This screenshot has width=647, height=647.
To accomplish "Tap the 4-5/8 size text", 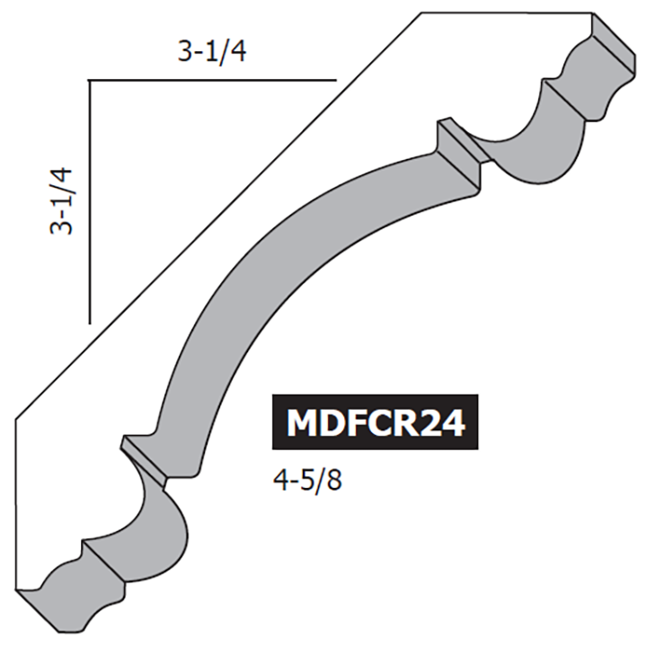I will pyautogui.click(x=309, y=479).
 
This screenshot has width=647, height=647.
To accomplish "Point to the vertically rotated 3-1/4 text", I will pyautogui.click(x=62, y=199).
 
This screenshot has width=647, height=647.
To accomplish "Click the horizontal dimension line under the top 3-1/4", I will pyautogui.click(x=211, y=81).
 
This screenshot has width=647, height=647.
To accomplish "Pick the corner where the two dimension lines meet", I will pyautogui.click(x=89, y=81).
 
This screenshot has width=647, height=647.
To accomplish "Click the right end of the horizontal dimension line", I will pyautogui.click(x=334, y=81).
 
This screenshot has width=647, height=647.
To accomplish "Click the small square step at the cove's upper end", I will pyautogui.click(x=458, y=144).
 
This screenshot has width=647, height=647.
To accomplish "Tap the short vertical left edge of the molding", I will pyautogui.click(x=18, y=503).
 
